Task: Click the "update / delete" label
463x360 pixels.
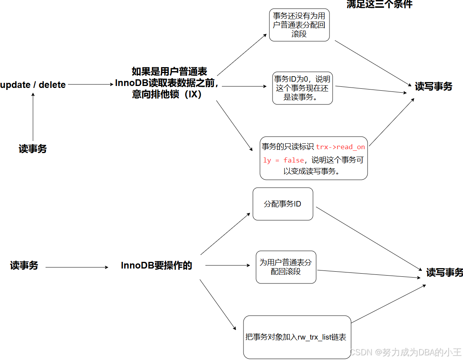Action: coord(33,85)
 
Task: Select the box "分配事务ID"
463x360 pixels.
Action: coord(283,204)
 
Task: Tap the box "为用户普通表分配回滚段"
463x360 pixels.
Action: coord(286,267)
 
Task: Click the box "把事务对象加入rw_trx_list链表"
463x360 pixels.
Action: coord(297,337)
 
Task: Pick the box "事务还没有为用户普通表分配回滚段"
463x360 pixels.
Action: coord(299,25)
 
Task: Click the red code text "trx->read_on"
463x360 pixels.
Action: coord(340,147)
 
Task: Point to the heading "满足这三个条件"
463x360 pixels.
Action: coord(379,4)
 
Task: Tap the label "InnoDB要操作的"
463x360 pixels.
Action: coord(156,266)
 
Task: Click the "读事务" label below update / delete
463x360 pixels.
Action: coord(33,149)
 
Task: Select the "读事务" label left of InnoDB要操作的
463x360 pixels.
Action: coord(24,266)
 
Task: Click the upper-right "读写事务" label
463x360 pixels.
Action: coord(434,87)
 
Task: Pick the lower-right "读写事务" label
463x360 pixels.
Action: coord(445,272)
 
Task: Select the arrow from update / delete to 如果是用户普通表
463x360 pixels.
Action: coord(90,84)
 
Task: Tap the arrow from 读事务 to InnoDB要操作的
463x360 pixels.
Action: coord(77,267)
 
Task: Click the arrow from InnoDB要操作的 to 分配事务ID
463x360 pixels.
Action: coord(225,234)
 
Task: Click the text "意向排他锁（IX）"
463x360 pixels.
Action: coord(167,95)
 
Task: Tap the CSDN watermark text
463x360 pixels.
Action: coord(405,352)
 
